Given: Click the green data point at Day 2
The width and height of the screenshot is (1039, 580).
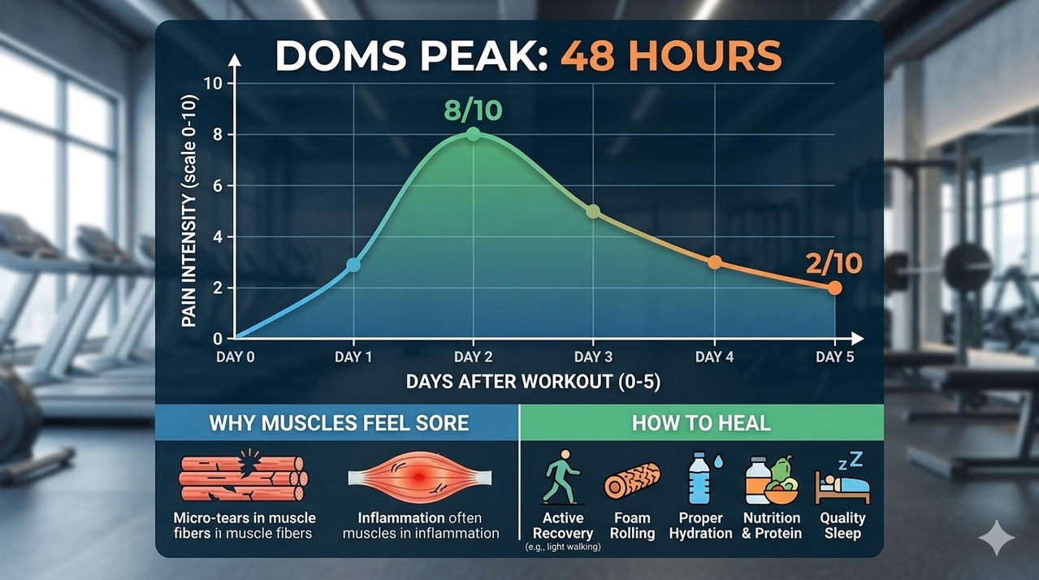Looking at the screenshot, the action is pyautogui.click(x=473, y=134).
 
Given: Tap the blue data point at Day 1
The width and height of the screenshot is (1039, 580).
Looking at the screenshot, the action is pyautogui.click(x=353, y=266).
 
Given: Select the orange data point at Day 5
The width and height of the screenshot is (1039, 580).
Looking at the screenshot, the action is pyautogui.click(x=834, y=288).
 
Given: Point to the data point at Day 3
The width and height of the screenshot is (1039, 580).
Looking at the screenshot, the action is pyautogui.click(x=593, y=211).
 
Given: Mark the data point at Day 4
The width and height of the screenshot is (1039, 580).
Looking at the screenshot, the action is pyautogui.click(x=715, y=262).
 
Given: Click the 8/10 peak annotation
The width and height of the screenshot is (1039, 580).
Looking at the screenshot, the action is pyautogui.click(x=473, y=110).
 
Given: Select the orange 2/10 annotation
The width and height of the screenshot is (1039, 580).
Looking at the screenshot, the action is pyautogui.click(x=834, y=263).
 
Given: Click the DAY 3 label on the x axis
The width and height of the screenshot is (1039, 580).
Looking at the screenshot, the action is pyautogui.click(x=593, y=357).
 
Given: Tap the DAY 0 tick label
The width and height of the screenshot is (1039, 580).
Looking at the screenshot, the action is pyautogui.click(x=235, y=357).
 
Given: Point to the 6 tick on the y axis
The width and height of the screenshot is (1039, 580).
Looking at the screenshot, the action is pyautogui.click(x=218, y=185).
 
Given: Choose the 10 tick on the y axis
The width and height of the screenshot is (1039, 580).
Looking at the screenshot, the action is pyautogui.click(x=213, y=84).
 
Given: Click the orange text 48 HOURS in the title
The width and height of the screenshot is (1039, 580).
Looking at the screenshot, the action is pyautogui.click(x=671, y=56).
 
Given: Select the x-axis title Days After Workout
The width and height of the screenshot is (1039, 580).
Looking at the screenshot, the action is pyautogui.click(x=533, y=382).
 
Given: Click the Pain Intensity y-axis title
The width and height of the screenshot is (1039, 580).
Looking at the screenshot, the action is pyautogui.click(x=189, y=210).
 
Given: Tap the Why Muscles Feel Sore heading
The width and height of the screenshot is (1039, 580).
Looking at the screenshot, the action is pyautogui.click(x=339, y=422).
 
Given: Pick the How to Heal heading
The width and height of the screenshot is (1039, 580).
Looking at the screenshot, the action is pyautogui.click(x=701, y=422).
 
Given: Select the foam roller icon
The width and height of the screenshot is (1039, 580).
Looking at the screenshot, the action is pyautogui.click(x=632, y=481).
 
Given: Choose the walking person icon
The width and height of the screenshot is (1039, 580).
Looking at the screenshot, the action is pyautogui.click(x=562, y=477).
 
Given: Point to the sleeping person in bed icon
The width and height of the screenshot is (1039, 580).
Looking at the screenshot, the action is pyautogui.click(x=842, y=485).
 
